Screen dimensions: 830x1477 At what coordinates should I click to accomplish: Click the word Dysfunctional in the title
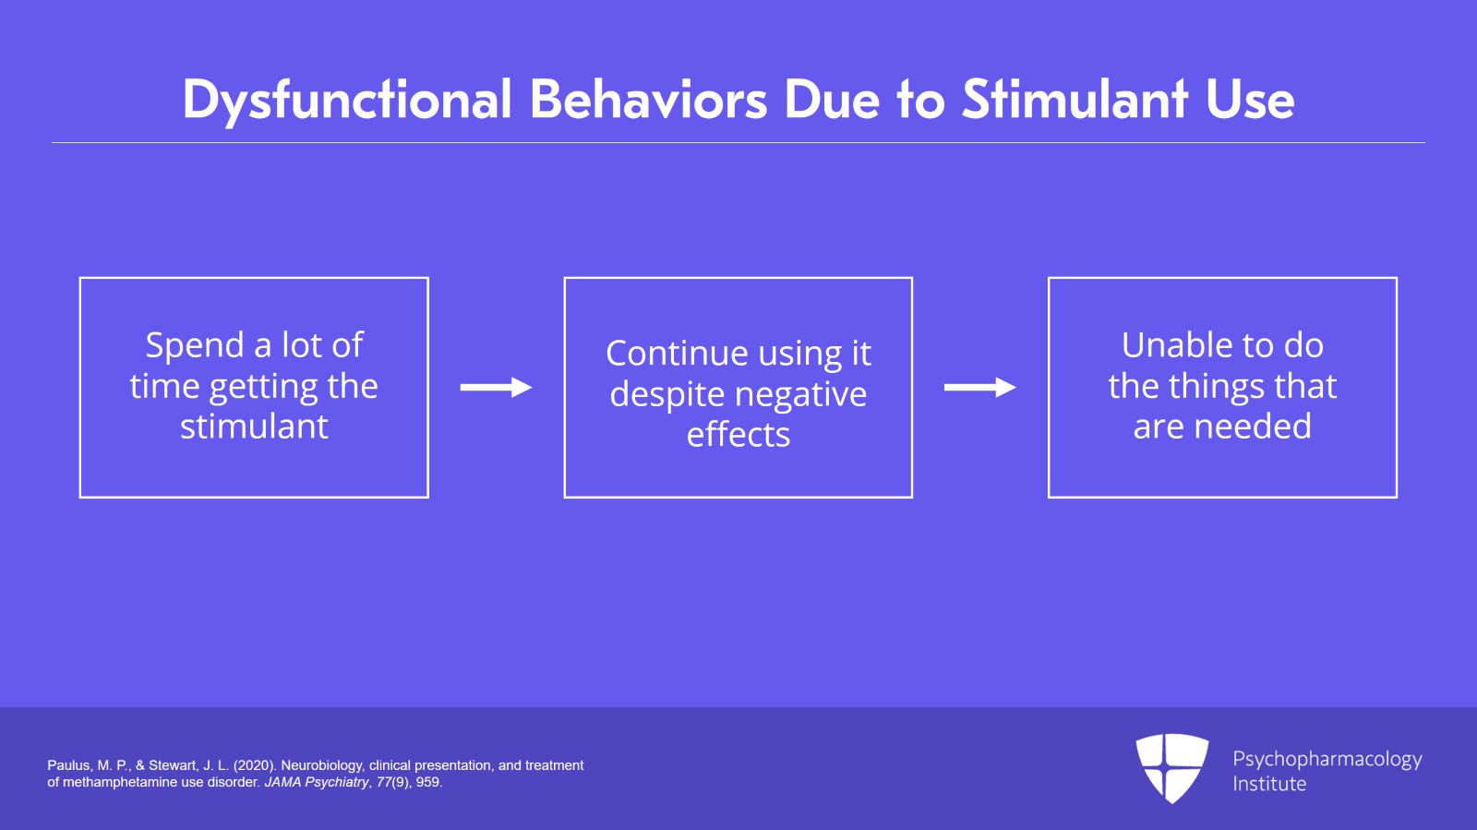346,100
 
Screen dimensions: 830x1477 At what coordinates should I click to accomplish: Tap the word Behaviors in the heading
648,100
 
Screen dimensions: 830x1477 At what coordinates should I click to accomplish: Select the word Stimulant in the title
1075,100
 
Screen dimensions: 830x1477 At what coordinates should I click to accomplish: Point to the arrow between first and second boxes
496,388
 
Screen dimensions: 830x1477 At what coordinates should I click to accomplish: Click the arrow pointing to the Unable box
979,388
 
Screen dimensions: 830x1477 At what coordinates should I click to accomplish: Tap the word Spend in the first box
195,346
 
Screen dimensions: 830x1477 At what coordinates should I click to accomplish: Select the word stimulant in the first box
254,427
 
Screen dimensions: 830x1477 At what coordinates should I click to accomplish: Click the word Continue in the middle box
677,354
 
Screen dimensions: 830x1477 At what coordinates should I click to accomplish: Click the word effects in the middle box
738,434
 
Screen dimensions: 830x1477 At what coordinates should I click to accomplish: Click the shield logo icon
1171,767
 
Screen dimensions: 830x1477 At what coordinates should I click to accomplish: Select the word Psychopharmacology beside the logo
1327,759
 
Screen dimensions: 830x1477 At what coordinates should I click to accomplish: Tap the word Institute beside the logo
1269,784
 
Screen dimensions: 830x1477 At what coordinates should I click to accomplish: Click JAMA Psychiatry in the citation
317,782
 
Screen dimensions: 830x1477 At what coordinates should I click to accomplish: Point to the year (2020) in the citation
254,765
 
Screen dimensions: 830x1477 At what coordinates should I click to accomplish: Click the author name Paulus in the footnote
69,765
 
